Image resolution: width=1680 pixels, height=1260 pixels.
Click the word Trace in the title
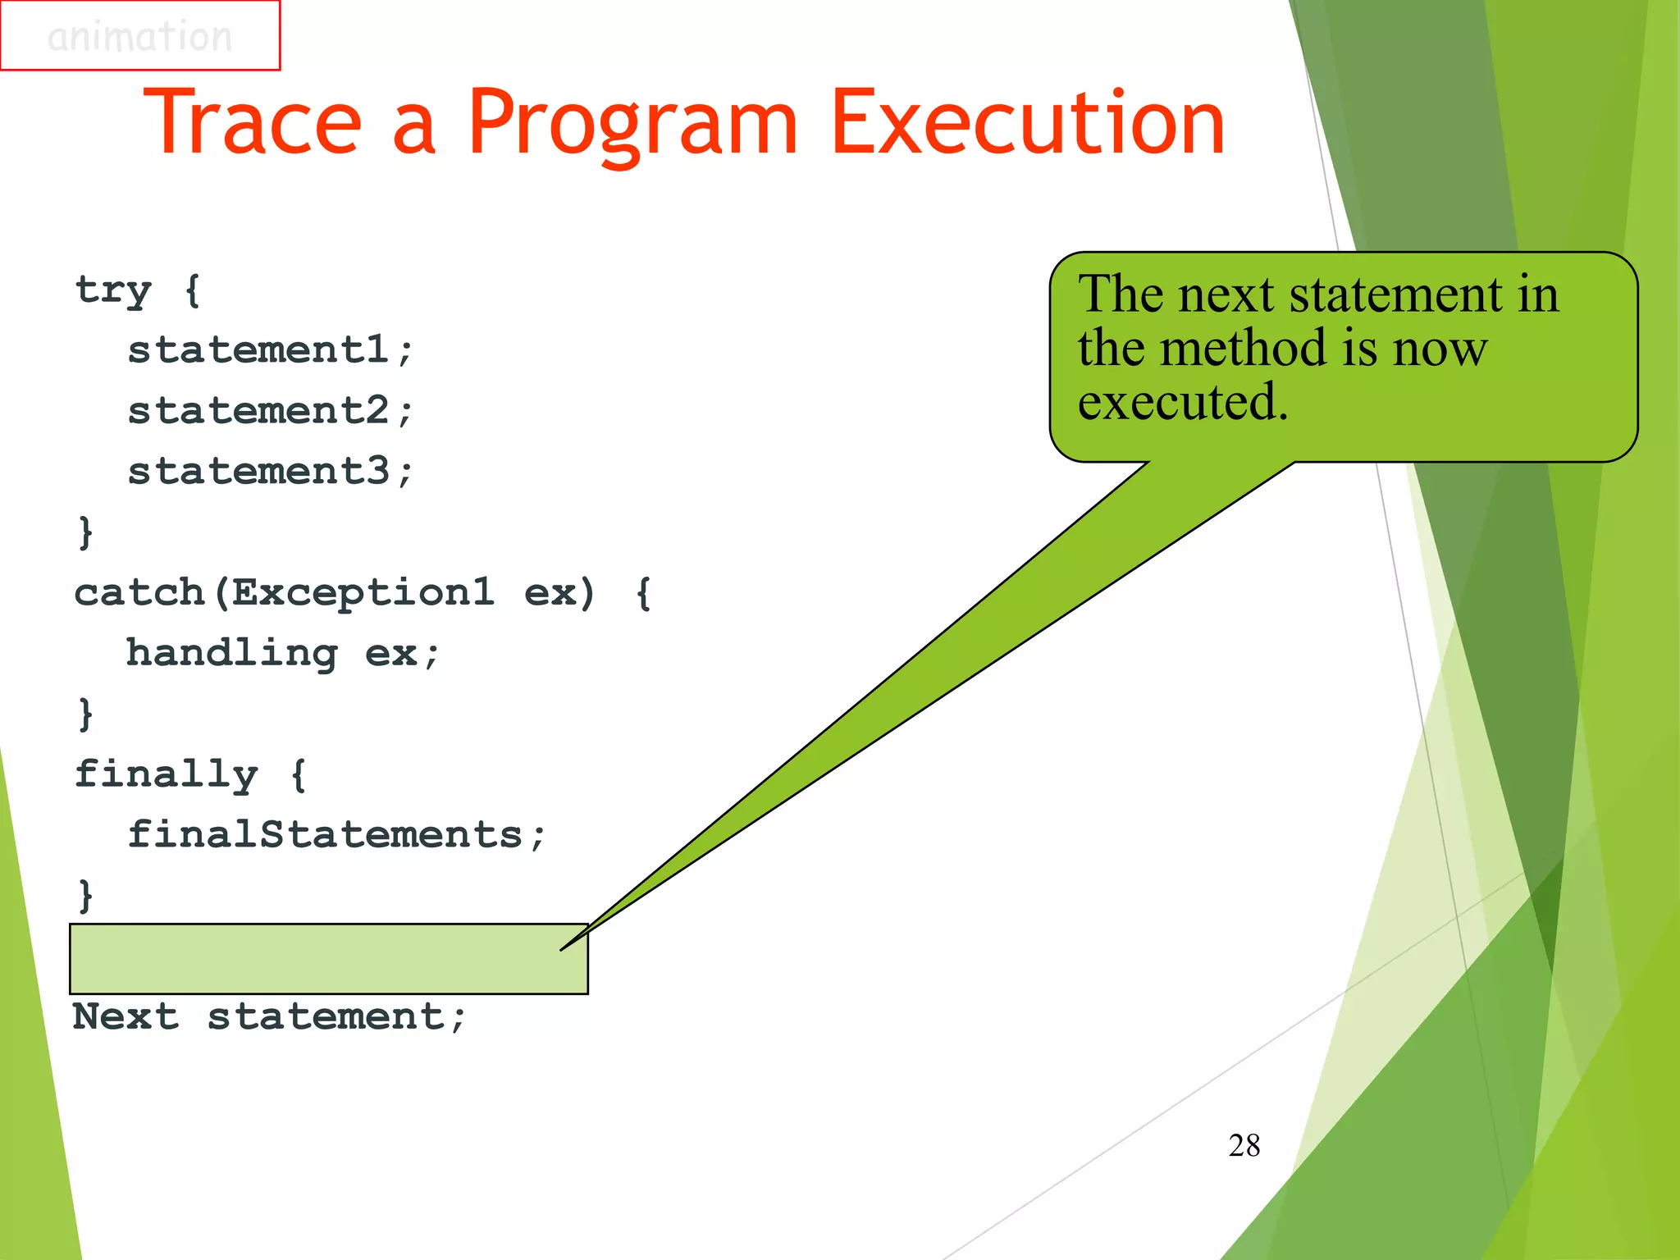(x=253, y=123)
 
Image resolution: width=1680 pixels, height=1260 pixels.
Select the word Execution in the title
(x=1027, y=123)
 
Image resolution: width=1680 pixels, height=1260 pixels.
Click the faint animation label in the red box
(x=139, y=36)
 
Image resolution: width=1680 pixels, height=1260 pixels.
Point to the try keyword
(x=113, y=290)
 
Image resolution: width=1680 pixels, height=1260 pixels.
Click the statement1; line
(x=270, y=350)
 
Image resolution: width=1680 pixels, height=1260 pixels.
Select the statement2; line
(x=270, y=411)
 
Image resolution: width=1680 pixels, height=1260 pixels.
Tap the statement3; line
(x=270, y=472)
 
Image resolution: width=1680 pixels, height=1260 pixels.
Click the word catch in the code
(x=139, y=592)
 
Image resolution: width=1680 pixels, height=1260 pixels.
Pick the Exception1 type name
(x=363, y=592)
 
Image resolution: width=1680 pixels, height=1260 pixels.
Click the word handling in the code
(x=231, y=654)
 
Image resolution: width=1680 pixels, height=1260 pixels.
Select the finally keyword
(x=166, y=774)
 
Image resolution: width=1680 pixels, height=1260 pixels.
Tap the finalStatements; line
(x=336, y=835)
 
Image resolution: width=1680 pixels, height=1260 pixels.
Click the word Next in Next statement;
(x=125, y=1017)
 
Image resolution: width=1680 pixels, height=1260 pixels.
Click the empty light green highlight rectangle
(x=328, y=959)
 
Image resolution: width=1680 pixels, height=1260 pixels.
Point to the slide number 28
(x=1244, y=1145)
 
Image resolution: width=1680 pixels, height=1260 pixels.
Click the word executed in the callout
(x=1182, y=402)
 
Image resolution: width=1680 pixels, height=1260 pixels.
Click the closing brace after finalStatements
(x=85, y=895)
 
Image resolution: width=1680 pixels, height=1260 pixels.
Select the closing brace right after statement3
(x=85, y=532)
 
